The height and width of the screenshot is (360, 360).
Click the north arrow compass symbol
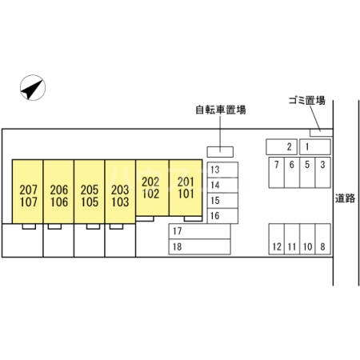tap(33, 87)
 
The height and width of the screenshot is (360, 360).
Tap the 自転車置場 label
tap(221, 110)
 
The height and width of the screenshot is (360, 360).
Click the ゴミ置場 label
tap(307, 101)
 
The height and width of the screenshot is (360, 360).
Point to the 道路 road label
tap(345, 198)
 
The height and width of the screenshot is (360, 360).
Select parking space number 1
tap(315, 146)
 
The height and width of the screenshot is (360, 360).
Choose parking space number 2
tap(282, 146)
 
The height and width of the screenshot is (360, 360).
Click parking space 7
tap(277, 173)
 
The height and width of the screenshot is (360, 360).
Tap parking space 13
tap(222, 170)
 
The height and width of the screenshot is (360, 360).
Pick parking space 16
tap(222, 216)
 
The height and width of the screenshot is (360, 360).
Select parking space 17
tap(200, 231)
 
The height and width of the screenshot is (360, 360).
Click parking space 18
tap(200, 246)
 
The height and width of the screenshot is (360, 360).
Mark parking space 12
tap(277, 239)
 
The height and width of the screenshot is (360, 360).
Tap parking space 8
tap(323, 239)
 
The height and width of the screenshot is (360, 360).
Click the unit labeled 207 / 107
tap(28, 191)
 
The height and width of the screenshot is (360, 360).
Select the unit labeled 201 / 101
tap(186, 188)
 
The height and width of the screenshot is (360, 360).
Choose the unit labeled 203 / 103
tap(120, 191)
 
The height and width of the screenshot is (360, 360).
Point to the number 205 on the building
tap(90, 190)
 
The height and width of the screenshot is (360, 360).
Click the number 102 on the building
tap(150, 194)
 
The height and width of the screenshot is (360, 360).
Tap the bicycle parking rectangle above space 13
tap(220, 152)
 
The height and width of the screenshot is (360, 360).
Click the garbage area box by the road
tap(321, 133)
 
